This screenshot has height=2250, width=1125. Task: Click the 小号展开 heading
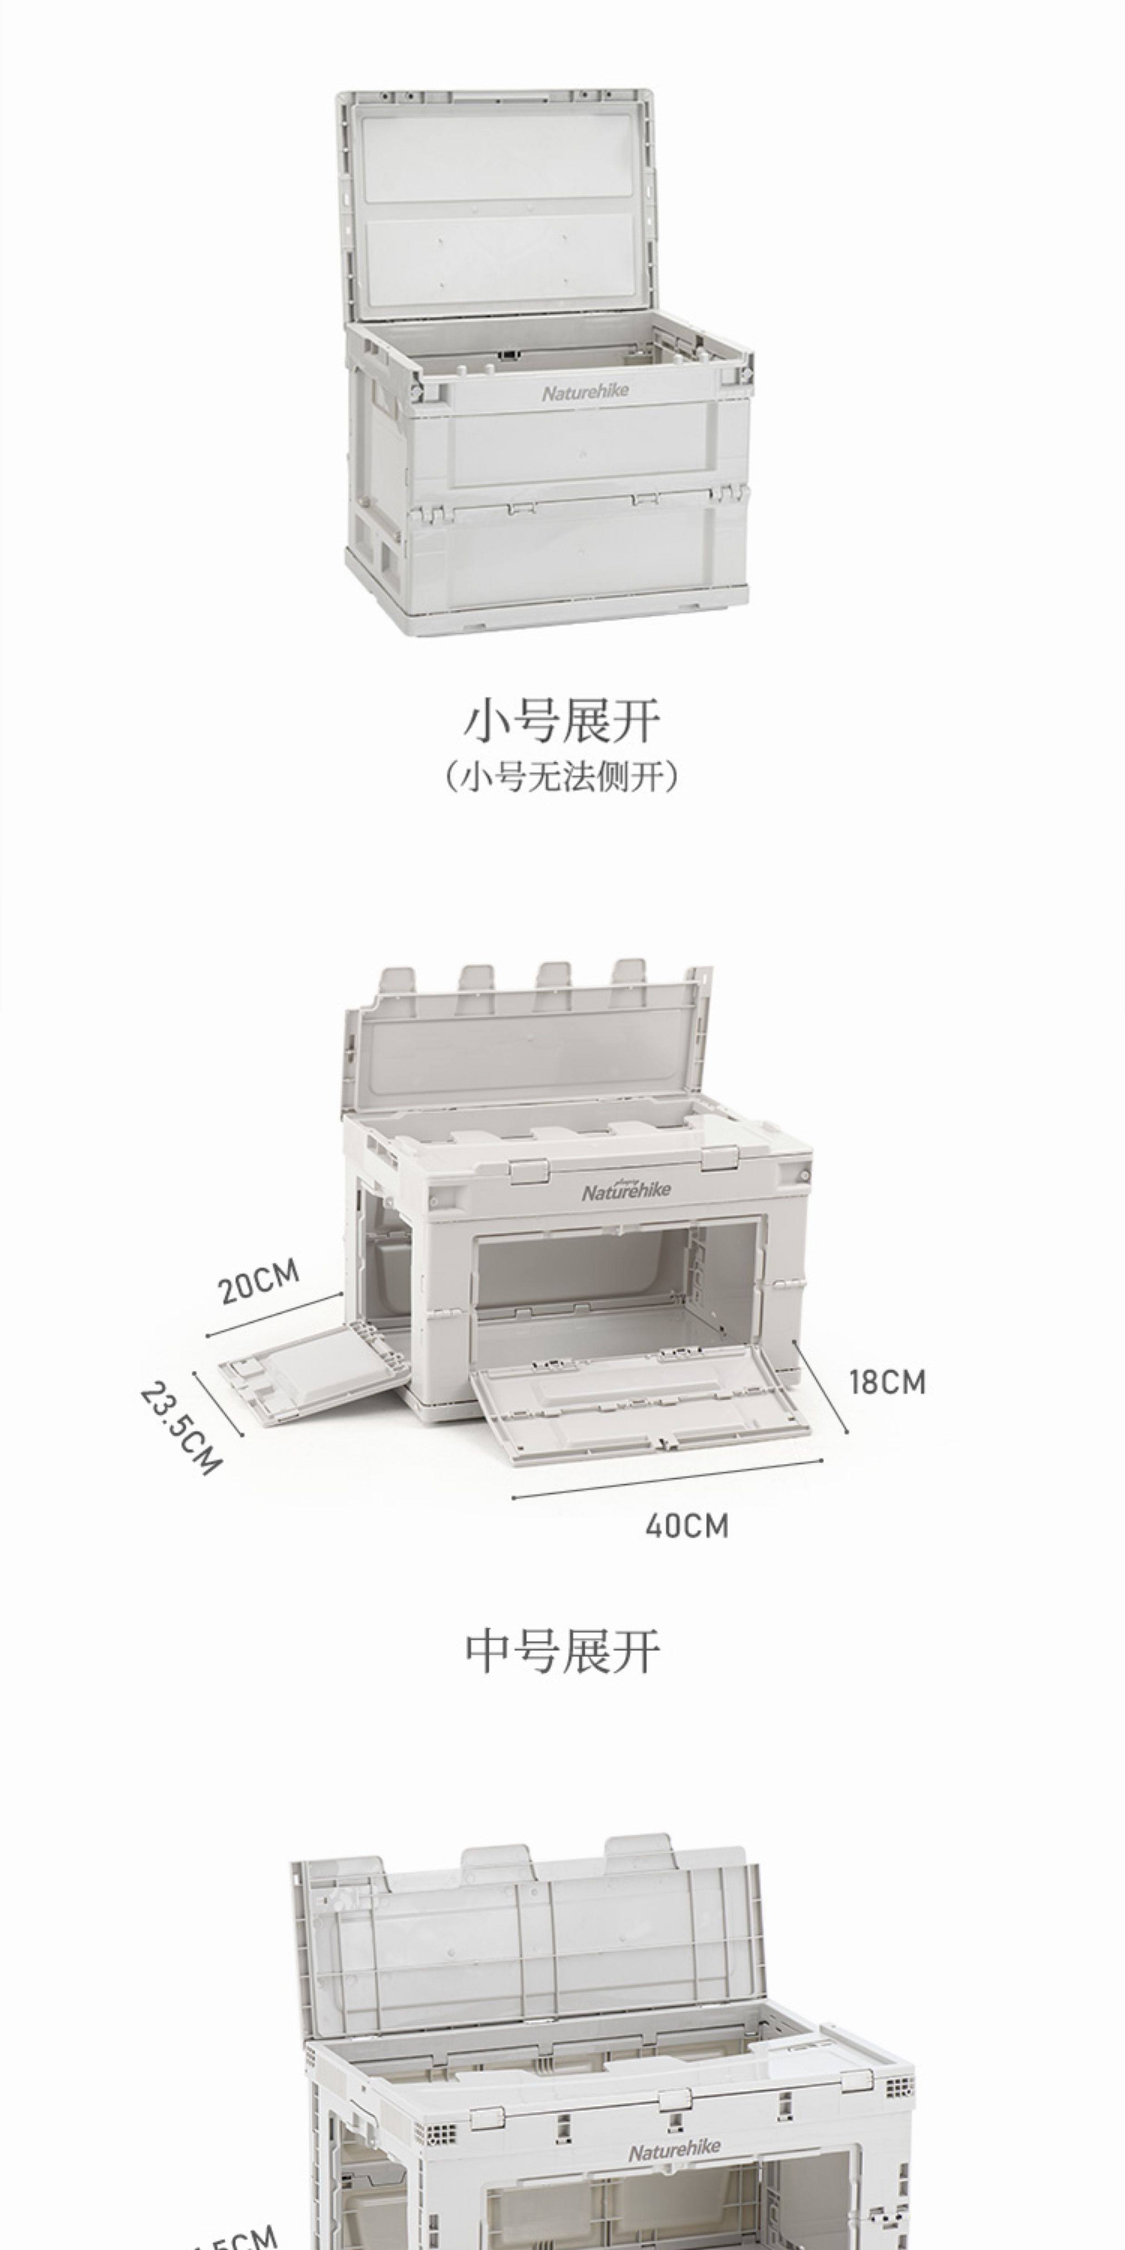(x=562, y=721)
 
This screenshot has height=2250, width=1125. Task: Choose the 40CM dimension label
(x=686, y=1526)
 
